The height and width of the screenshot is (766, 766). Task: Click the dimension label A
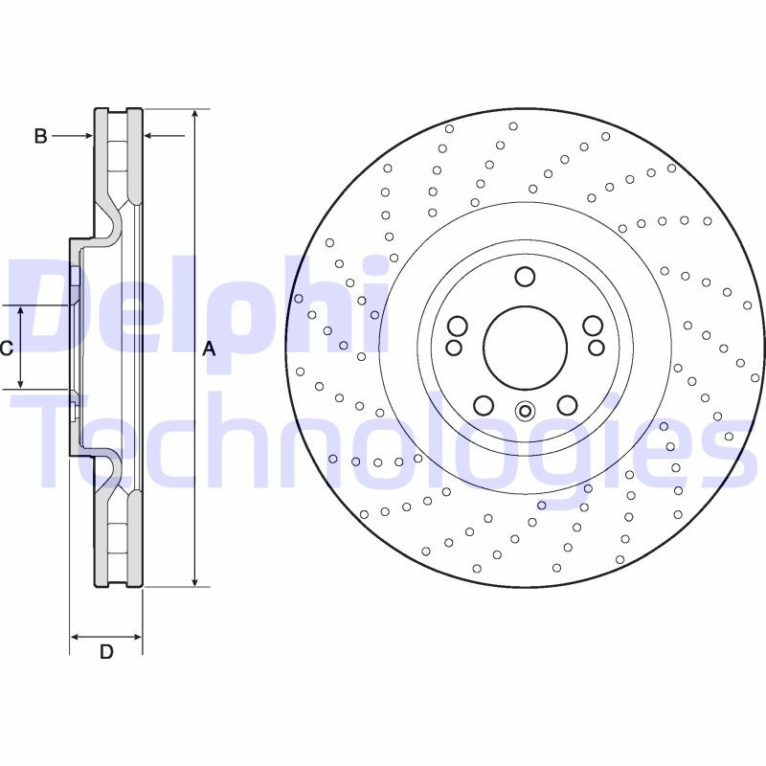tap(210, 349)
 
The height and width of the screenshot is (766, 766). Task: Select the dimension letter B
tap(40, 137)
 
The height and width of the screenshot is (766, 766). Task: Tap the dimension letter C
tap(7, 349)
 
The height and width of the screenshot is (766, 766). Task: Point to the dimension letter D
tap(106, 652)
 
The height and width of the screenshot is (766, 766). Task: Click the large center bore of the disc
tap(525, 348)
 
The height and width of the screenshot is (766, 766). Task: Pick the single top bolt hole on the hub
tap(524, 277)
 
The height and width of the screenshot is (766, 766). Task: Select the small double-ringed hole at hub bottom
tap(524, 413)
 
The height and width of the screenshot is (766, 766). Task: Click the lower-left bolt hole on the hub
tap(484, 405)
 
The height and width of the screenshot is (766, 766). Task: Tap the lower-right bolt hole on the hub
tap(567, 405)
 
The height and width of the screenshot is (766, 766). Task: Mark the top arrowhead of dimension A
tap(195, 113)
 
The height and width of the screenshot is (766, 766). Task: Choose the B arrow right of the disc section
tap(149, 136)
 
